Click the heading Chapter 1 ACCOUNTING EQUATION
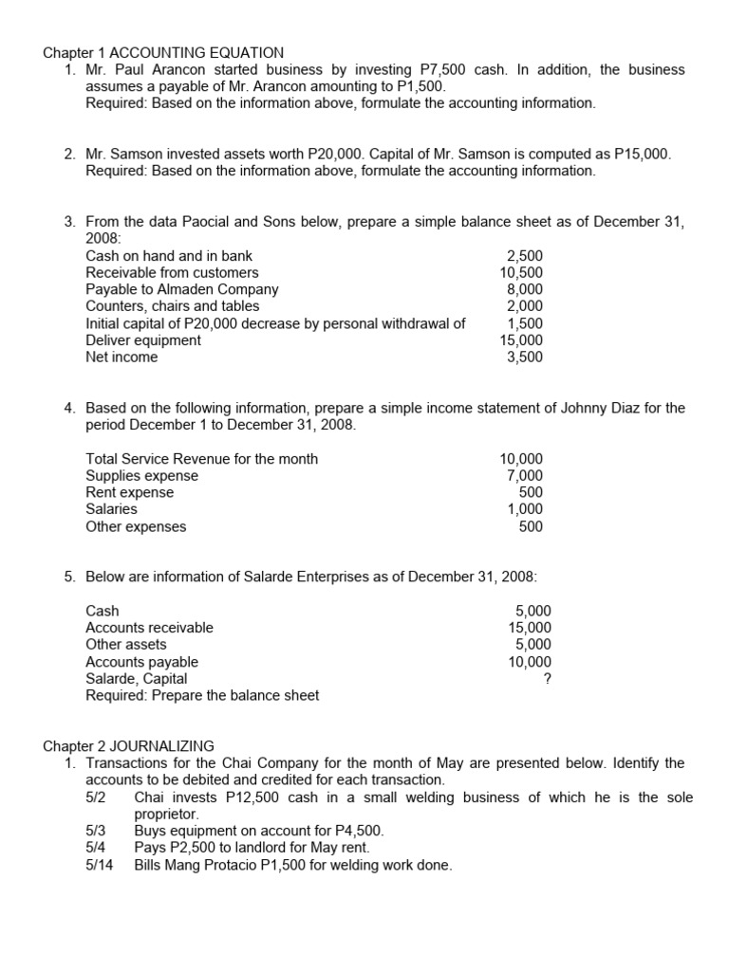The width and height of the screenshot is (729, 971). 163,52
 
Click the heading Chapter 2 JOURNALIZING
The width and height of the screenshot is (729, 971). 129,746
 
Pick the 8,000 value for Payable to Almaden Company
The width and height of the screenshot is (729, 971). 525,289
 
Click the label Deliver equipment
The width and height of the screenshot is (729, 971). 143,340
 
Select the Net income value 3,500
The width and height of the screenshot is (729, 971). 525,357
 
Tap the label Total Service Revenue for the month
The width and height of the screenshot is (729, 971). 201,459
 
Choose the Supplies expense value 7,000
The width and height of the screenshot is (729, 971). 525,476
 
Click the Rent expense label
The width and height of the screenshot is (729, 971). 130,493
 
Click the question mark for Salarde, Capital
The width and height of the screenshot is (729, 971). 546,679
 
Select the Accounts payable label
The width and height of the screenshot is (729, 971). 142,662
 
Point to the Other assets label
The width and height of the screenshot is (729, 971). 126,645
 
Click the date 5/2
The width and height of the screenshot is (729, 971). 95,797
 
